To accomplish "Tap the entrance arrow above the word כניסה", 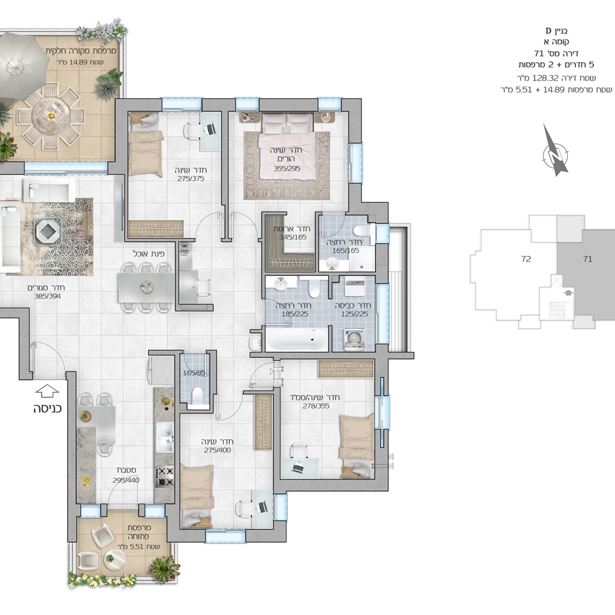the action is pyautogui.click(x=47, y=391).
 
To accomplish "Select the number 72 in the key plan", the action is pyautogui.click(x=526, y=259).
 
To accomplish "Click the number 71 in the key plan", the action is pyautogui.click(x=587, y=259).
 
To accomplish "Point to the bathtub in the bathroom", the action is pyautogui.click(x=297, y=339).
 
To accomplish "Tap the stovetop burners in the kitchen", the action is pyautogui.click(x=165, y=476).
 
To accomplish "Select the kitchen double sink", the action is pyautogui.click(x=165, y=437).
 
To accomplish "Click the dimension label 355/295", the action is pyautogui.click(x=287, y=169).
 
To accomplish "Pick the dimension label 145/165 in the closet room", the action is pyautogui.click(x=293, y=237).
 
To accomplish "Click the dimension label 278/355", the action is pyautogui.click(x=316, y=406).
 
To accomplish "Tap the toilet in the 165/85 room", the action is pyautogui.click(x=197, y=395).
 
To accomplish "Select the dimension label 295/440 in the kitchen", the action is pyautogui.click(x=126, y=480).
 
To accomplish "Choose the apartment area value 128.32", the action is pyautogui.click(x=545, y=78).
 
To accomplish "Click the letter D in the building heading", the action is pyautogui.click(x=549, y=31).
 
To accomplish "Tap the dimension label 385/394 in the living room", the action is pyautogui.click(x=47, y=296).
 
